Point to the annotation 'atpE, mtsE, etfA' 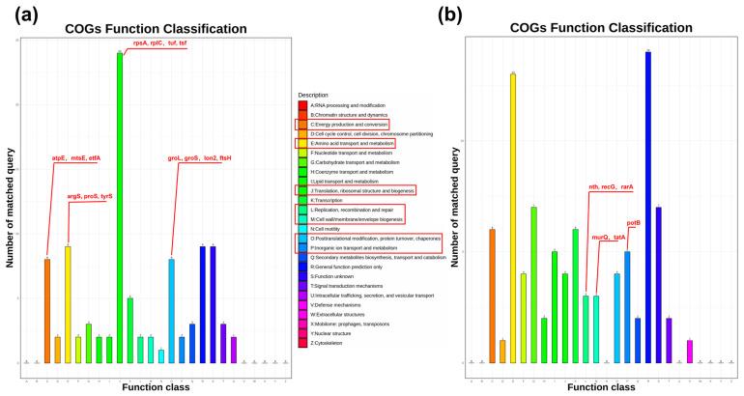point(75,157)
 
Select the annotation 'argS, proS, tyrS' point(90,196)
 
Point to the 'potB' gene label point(634,223)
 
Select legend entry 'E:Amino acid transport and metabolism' point(353,143)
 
